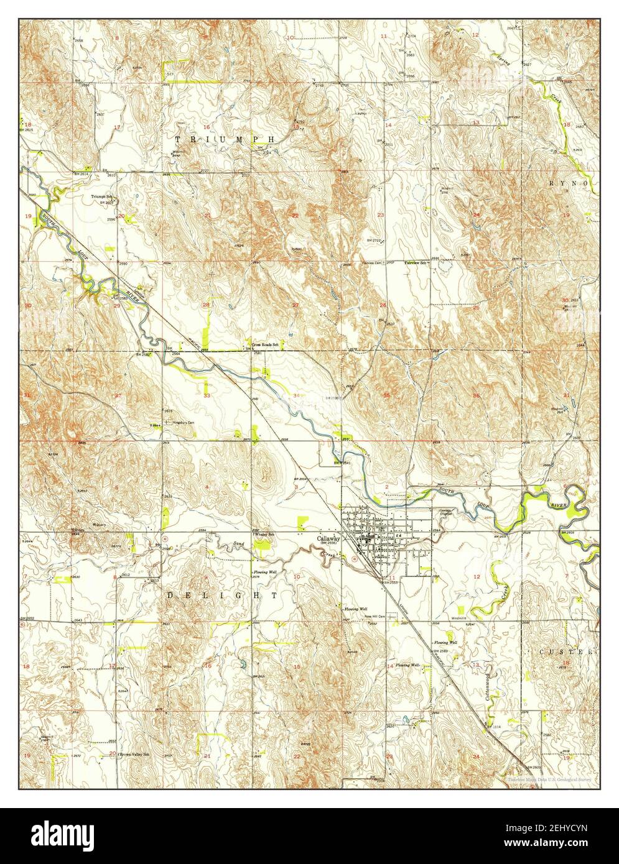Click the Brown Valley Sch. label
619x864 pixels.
(136, 755)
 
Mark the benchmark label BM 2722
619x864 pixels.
(372, 240)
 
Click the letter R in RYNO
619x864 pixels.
(552, 184)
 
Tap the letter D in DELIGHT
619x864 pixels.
(169, 595)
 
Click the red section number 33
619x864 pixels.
(207, 395)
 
